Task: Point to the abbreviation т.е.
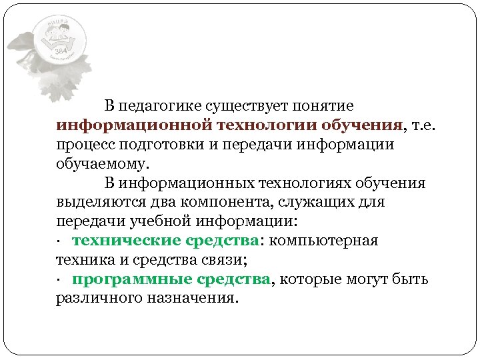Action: point(424,125)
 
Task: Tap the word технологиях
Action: point(299,183)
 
